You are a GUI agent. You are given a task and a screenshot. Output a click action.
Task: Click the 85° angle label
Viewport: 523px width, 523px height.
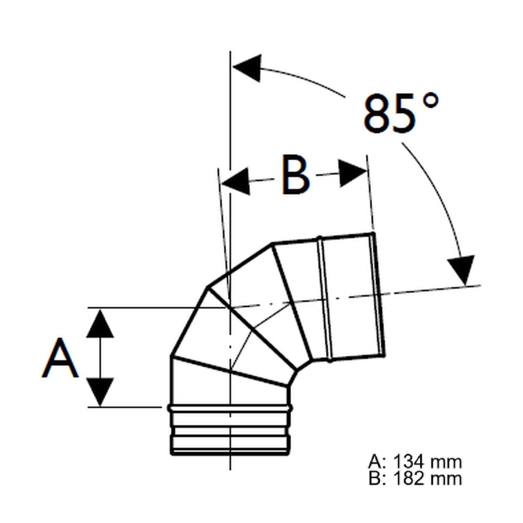[400, 113]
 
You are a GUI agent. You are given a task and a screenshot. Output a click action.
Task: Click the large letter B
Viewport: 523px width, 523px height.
[296, 175]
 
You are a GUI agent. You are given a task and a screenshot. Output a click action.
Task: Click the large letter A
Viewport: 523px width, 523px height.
[60, 358]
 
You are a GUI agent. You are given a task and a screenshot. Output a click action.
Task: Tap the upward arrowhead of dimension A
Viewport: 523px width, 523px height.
[100, 324]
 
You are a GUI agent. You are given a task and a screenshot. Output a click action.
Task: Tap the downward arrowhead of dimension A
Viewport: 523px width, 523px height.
[100, 391]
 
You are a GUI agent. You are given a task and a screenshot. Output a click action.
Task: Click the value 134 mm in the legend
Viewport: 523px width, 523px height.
[427, 462]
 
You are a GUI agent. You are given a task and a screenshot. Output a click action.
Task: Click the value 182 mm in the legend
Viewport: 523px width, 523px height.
[427, 479]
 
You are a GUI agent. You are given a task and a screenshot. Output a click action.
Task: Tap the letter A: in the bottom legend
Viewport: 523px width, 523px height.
[377, 462]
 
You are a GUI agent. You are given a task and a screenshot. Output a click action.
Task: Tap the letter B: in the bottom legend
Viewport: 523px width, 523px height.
[377, 479]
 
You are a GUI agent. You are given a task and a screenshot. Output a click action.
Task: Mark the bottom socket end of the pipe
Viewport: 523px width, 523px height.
[230, 452]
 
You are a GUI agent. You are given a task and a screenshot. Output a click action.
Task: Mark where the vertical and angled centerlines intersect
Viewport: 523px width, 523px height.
[230, 307]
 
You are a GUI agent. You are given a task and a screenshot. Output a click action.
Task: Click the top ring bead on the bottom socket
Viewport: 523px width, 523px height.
[230, 408]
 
